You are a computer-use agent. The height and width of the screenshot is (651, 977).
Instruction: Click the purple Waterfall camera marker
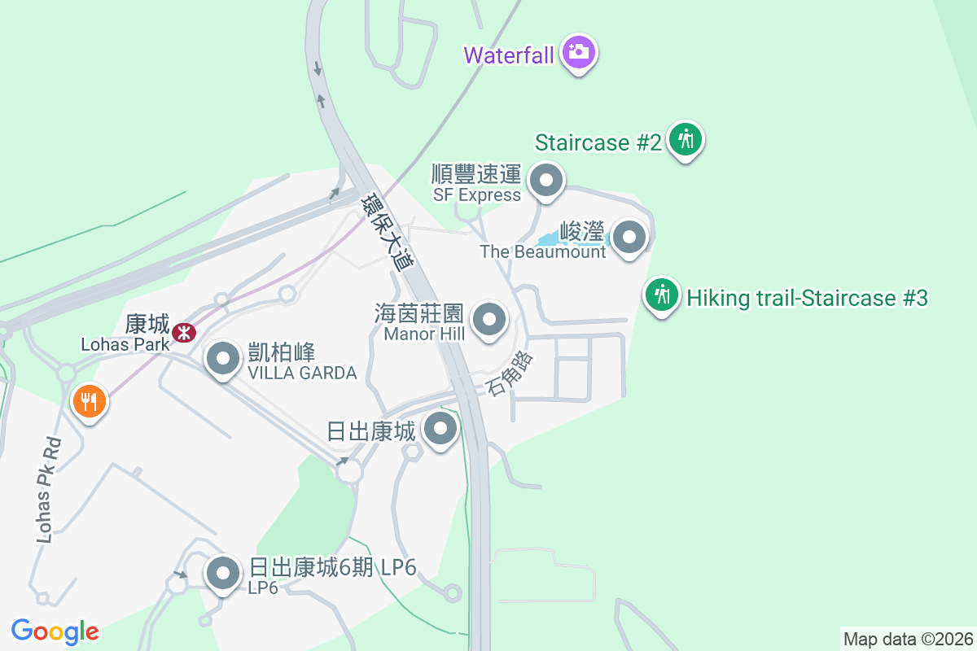click(x=579, y=53)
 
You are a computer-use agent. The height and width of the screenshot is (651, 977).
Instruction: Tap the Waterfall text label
click(x=509, y=55)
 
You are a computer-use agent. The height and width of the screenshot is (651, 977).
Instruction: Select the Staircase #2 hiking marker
click(x=686, y=140)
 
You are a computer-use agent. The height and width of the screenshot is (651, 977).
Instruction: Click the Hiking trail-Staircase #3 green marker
click(x=663, y=295)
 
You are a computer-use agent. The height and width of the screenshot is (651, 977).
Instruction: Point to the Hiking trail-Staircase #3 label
click(x=807, y=298)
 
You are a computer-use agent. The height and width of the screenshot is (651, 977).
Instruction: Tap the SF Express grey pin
click(x=546, y=181)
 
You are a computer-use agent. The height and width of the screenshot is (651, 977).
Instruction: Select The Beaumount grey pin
click(x=629, y=238)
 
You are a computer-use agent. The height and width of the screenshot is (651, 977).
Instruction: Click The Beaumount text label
click(x=543, y=251)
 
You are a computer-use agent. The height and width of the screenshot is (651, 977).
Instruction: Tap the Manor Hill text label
click(x=423, y=334)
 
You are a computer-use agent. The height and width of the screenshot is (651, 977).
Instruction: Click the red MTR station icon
click(x=185, y=332)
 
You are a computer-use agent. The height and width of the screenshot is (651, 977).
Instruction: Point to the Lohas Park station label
click(x=125, y=343)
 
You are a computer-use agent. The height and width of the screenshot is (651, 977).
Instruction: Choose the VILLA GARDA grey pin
click(x=221, y=358)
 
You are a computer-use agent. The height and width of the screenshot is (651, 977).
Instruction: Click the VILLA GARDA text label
click(x=302, y=373)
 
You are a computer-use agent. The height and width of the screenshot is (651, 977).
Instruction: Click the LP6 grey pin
click(x=222, y=573)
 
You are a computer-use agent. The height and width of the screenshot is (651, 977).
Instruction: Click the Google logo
click(x=55, y=631)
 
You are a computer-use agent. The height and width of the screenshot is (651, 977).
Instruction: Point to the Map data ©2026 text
click(x=908, y=639)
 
